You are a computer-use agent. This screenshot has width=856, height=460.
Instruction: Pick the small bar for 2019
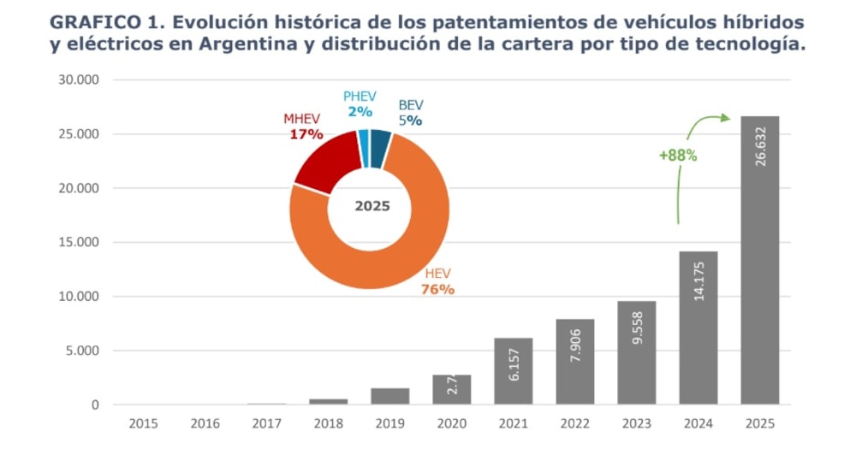click(x=389, y=396)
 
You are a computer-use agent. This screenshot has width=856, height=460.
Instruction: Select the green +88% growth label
click(x=677, y=156)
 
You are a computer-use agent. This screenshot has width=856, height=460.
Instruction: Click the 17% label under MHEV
click(x=306, y=134)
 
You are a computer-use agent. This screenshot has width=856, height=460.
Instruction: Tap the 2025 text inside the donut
click(x=372, y=206)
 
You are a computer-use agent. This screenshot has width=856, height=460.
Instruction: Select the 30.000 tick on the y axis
click(x=78, y=80)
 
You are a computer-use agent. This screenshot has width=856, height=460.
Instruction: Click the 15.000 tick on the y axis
click(x=78, y=243)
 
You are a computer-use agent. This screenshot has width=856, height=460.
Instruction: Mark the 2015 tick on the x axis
click(x=143, y=423)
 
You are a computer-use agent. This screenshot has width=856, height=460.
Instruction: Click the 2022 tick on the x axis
click(x=574, y=423)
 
